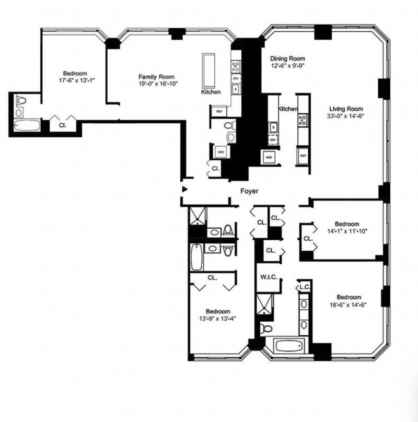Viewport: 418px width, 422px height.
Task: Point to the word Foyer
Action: pos(249,192)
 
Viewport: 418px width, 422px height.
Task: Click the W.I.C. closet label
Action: pos(268,276)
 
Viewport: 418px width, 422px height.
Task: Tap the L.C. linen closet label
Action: pos(304,287)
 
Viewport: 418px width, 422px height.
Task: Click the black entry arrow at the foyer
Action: pos(184,189)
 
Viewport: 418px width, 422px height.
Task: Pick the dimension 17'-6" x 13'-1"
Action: pos(75,81)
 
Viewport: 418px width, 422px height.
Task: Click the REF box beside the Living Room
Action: pos(303,155)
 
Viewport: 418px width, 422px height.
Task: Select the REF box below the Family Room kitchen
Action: pos(218,111)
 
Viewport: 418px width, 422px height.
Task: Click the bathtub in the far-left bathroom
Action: pos(28,126)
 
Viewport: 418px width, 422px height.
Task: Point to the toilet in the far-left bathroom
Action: pos(21,100)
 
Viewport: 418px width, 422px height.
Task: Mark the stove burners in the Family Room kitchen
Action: pos(236,66)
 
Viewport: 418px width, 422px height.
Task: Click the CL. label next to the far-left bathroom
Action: pos(62,125)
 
